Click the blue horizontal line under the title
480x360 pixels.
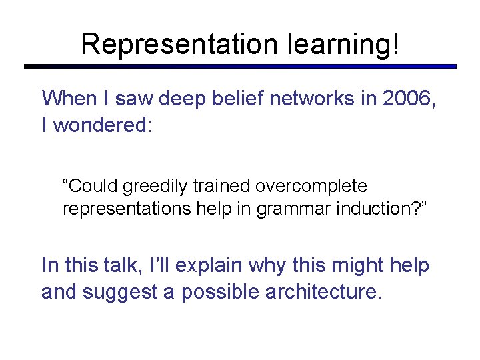[x=240, y=67]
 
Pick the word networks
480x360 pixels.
[x=321, y=99]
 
